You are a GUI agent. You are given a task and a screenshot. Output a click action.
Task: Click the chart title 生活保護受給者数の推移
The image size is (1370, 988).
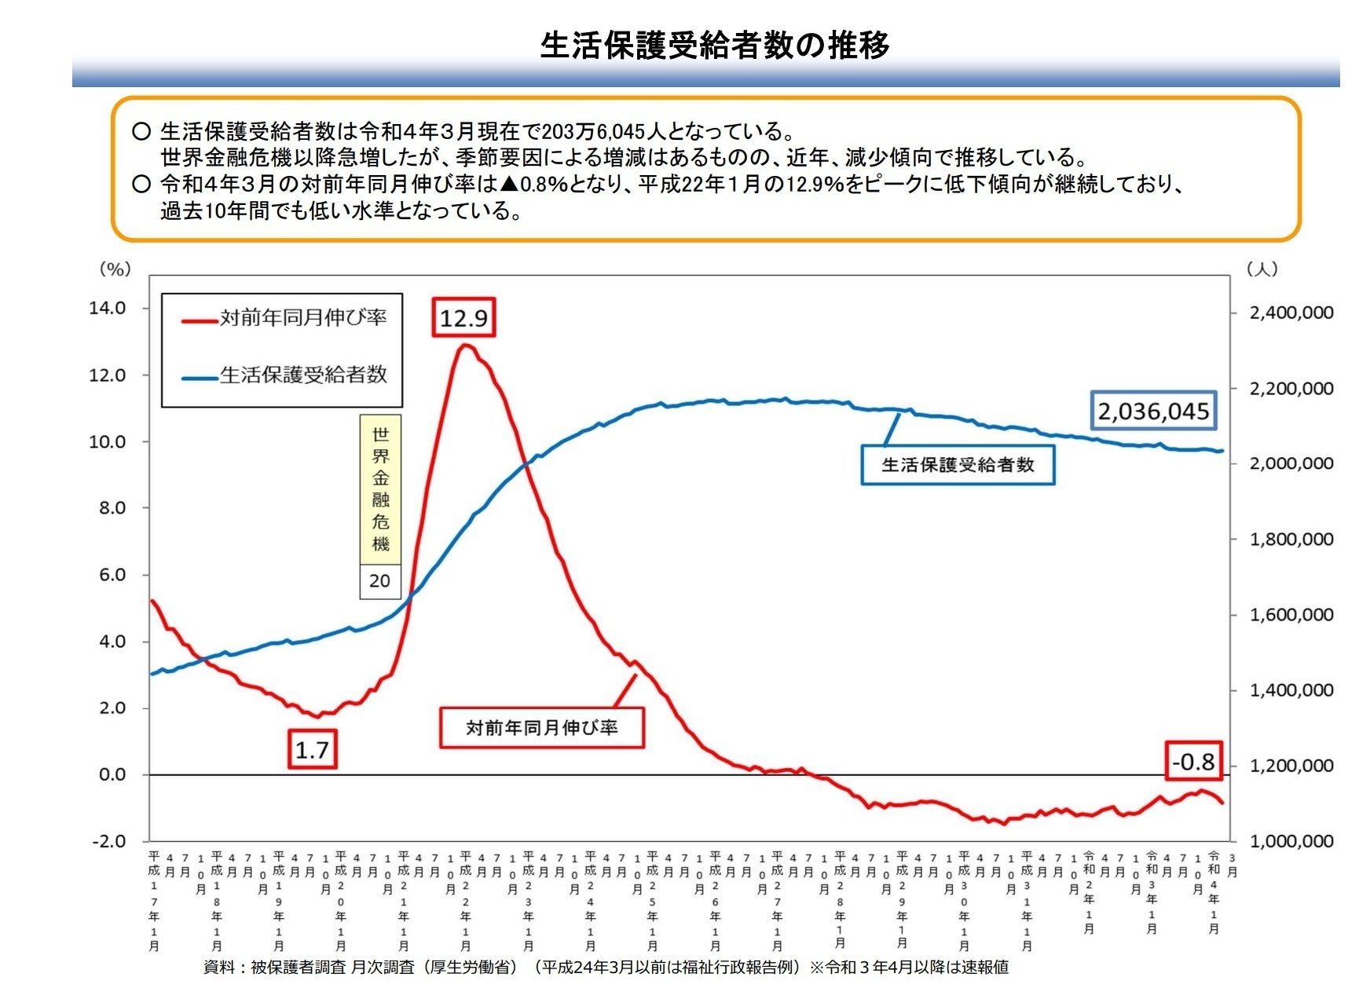coord(714,45)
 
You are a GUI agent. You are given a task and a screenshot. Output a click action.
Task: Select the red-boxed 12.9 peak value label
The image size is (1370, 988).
coord(463,318)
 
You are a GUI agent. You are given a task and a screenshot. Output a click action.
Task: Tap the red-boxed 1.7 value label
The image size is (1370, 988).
coord(312,749)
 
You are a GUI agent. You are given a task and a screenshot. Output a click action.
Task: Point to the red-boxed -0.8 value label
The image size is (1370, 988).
coord(1193,761)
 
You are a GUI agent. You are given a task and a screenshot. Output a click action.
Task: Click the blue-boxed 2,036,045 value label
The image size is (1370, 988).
coord(1153,411)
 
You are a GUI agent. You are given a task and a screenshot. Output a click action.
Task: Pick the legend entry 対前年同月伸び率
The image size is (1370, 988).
coord(302,318)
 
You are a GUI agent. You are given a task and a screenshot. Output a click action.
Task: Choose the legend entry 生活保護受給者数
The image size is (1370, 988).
coord(302,375)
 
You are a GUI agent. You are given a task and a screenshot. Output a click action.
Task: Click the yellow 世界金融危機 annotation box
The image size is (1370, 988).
coord(380,489)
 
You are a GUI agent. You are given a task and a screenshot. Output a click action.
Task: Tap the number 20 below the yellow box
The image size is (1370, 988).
coord(379,581)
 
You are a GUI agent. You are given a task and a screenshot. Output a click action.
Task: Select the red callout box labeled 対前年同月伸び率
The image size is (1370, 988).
coord(541,727)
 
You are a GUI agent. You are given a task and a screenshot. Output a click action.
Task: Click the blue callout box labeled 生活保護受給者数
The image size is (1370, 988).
coord(958,465)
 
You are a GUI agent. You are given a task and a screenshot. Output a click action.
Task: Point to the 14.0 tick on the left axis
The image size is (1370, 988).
coord(108,308)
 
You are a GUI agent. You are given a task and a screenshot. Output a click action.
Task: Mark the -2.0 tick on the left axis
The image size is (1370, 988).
coord(109,841)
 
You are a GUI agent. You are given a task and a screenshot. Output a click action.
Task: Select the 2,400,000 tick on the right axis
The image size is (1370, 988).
coord(1291,313)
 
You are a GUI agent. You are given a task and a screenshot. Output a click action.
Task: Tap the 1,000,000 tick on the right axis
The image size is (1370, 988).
coord(1291,841)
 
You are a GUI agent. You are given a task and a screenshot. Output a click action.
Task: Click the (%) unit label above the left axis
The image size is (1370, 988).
coord(115,269)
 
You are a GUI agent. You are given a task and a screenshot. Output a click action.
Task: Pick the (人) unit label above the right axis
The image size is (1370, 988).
coord(1262,269)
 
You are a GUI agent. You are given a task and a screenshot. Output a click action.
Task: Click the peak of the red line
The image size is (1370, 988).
coord(466,345)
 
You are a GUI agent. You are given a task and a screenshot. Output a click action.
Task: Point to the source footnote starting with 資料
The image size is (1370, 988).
coord(605,968)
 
